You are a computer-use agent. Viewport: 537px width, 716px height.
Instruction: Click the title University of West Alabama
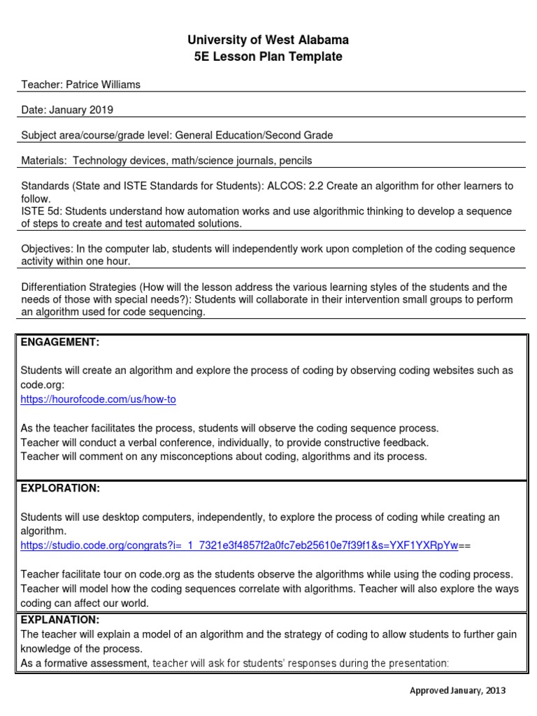[268, 40]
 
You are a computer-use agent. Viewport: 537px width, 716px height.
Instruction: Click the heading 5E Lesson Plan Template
[268, 57]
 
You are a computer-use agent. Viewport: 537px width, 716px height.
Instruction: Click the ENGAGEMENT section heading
[60, 341]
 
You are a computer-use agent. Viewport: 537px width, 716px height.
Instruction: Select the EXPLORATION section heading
[60, 488]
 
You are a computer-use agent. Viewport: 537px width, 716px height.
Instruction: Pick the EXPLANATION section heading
[60, 620]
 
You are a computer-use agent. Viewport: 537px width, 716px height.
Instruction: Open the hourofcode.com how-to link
[98, 399]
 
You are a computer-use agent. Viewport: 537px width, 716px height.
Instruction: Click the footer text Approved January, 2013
[457, 690]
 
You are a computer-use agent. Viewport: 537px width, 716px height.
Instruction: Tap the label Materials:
[43, 160]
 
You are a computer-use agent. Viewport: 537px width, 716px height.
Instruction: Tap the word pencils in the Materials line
[296, 160]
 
